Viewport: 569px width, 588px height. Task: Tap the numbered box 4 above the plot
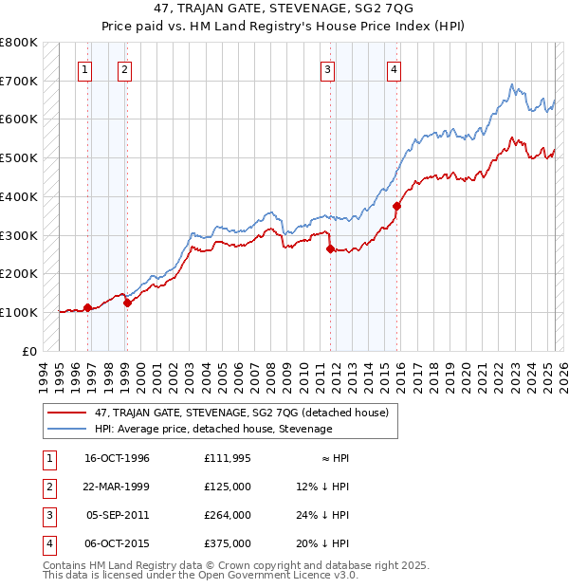click(394, 67)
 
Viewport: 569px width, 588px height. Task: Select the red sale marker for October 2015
click(397, 206)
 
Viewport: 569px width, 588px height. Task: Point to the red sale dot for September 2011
click(331, 248)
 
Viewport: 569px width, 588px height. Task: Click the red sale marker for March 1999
click(127, 303)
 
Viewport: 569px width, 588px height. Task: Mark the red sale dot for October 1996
click(87, 307)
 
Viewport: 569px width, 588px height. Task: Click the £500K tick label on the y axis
click(18, 158)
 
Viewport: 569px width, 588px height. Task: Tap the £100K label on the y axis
click(18, 312)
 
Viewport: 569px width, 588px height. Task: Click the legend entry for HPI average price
click(212, 430)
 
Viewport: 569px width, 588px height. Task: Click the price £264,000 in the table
click(227, 516)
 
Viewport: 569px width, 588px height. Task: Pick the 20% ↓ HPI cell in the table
click(322, 544)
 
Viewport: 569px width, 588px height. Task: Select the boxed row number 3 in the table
click(47, 516)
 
